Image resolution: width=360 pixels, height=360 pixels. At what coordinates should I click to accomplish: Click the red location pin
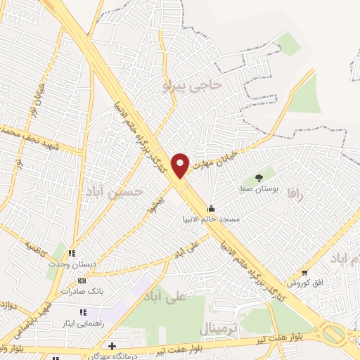[181, 165]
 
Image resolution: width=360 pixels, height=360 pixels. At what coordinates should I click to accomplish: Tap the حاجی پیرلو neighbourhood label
[192, 85]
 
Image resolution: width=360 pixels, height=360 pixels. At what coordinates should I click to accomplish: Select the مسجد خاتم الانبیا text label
[211, 219]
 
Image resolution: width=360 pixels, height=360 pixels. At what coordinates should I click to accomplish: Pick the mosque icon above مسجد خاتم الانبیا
[211, 208]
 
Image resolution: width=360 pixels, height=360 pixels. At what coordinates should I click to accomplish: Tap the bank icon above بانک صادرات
[82, 281]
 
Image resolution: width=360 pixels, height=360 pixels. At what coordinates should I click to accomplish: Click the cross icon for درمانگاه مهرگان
[112, 345]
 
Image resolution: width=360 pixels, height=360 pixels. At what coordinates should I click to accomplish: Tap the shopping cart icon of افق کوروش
[304, 272]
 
